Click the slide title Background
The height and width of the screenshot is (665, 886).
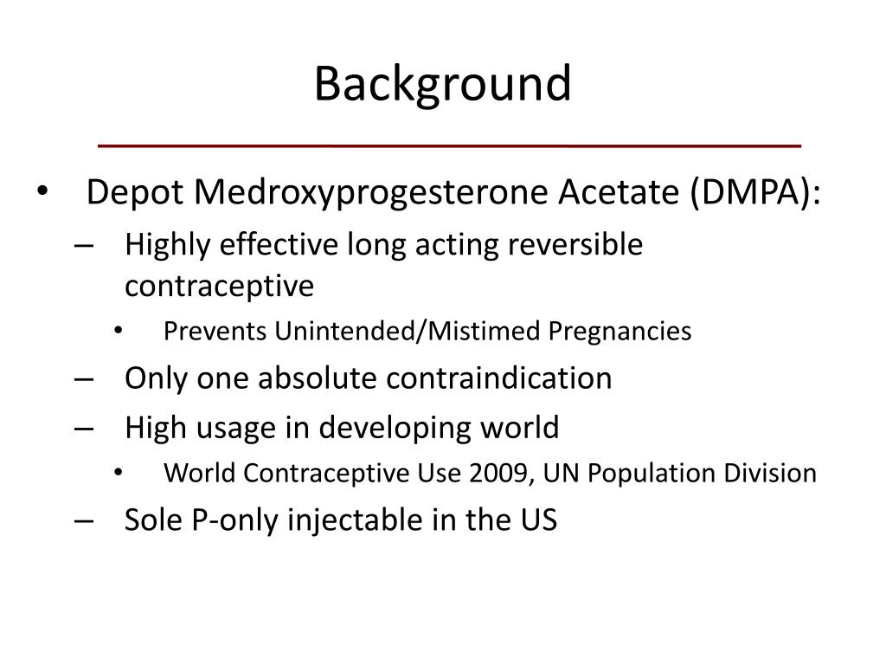pyautogui.click(x=442, y=84)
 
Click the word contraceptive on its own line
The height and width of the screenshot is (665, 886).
pyautogui.click(x=219, y=286)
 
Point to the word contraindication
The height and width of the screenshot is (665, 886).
pyautogui.click(x=499, y=378)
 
